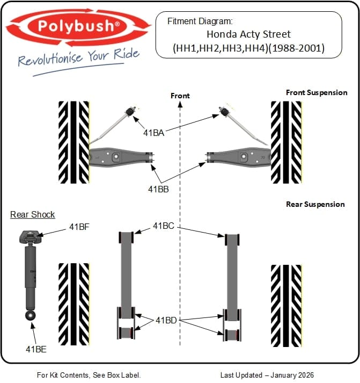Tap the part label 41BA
tap(153, 133)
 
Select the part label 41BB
tap(158, 189)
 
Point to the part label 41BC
tap(164, 226)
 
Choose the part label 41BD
tap(166, 320)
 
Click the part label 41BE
tap(36, 349)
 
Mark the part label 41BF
tap(79, 227)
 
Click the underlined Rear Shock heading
tap(32, 214)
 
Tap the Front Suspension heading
tap(317, 92)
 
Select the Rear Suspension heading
tap(315, 204)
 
